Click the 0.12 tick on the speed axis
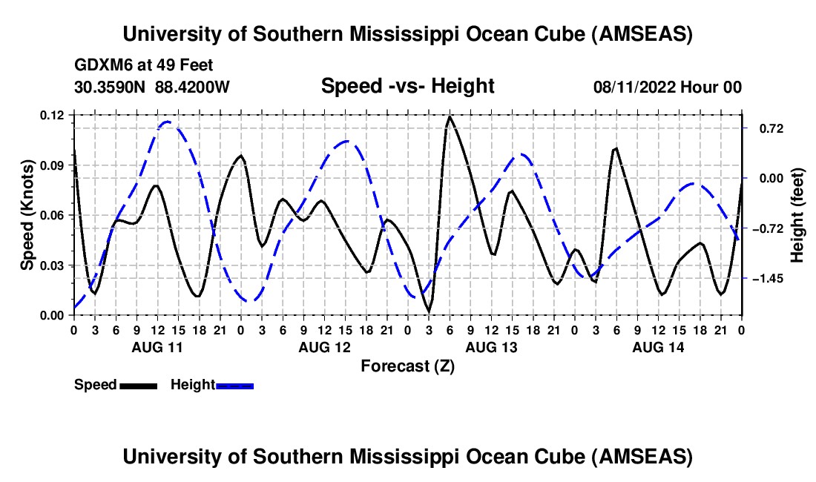(x=53, y=115)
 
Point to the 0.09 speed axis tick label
(x=53, y=165)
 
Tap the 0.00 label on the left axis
(x=53, y=315)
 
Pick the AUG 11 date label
(x=157, y=347)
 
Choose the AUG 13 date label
(x=490, y=347)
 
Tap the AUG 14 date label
(x=657, y=347)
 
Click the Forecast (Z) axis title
(x=407, y=366)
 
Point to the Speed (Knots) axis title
(x=27, y=215)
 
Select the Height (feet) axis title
(x=797, y=215)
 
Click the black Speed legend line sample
(x=138, y=385)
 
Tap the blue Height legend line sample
(x=234, y=385)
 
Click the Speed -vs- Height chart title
(x=407, y=87)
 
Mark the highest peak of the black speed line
(x=450, y=116)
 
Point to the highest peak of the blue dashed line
(x=168, y=122)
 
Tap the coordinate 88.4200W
(x=192, y=88)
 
